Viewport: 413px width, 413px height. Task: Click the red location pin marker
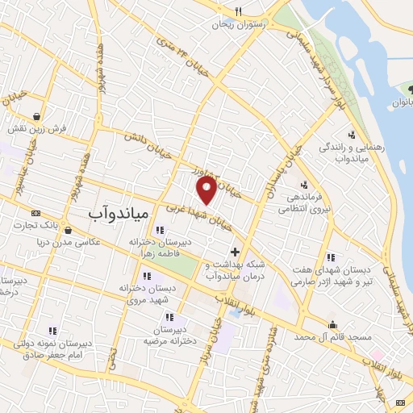pyautogui.click(x=206, y=190)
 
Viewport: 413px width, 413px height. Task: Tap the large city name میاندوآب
pyautogui.click(x=117, y=213)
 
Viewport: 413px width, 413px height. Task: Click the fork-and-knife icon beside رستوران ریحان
pyautogui.click(x=238, y=11)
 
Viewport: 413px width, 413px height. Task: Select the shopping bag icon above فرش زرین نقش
pyautogui.click(x=37, y=116)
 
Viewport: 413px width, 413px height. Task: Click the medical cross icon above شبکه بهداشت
pyautogui.click(x=235, y=252)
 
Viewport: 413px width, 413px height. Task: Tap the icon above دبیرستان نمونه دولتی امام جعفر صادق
pyautogui.click(x=52, y=331)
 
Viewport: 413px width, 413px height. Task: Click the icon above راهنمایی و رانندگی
pyautogui.click(x=351, y=135)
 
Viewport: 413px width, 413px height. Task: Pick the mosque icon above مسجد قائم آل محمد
pyautogui.click(x=332, y=325)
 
